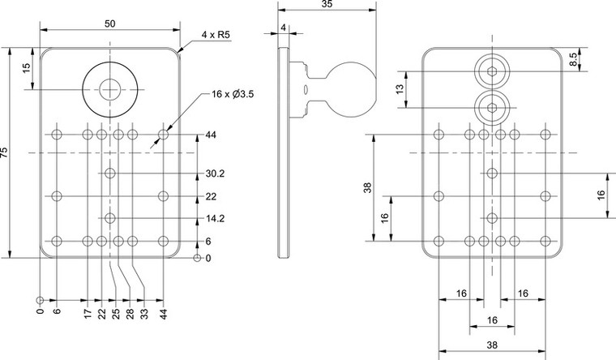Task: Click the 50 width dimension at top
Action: click(109, 24)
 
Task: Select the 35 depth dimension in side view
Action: click(327, 5)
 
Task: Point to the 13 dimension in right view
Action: click(399, 88)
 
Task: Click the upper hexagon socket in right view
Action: click(492, 71)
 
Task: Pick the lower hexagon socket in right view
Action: click(492, 105)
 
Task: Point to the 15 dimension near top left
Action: click(27, 70)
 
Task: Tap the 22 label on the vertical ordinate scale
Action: click(211, 196)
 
